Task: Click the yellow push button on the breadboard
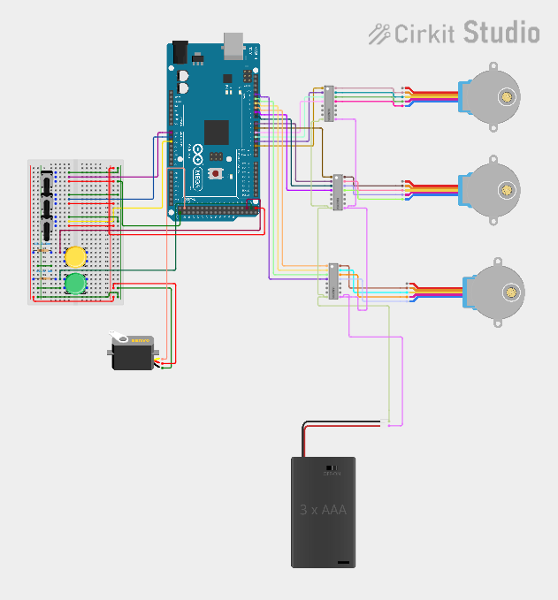pyautogui.click(x=75, y=257)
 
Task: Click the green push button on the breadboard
pyautogui.click(x=75, y=283)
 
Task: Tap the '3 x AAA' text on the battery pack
pyautogui.click(x=323, y=510)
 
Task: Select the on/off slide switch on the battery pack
pyautogui.click(x=332, y=467)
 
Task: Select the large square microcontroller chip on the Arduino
pyautogui.click(x=217, y=133)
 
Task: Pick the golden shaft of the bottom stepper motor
pyautogui.click(x=510, y=291)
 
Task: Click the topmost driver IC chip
pyautogui.click(x=328, y=103)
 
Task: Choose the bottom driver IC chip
pyautogui.click(x=334, y=281)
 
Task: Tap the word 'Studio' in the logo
pyautogui.click(x=501, y=33)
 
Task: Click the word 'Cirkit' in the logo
pyautogui.click(x=424, y=34)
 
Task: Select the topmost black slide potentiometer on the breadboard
pyautogui.click(x=45, y=182)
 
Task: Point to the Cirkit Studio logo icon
pyautogui.click(x=379, y=34)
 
